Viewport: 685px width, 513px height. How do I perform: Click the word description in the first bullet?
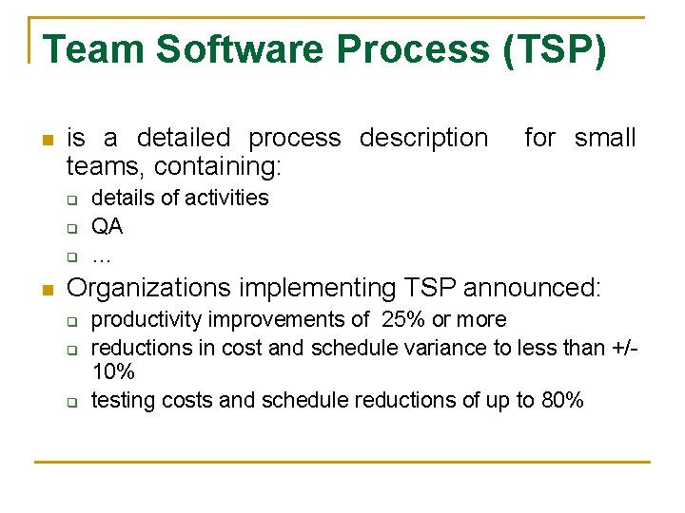click(422, 139)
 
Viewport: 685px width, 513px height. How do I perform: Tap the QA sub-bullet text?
click(107, 227)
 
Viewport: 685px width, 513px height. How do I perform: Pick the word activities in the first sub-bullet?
click(226, 198)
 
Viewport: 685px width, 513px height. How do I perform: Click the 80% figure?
click(561, 400)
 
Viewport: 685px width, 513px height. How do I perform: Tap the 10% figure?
click(112, 372)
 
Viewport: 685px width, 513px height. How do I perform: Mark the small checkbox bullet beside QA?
click(70, 228)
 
